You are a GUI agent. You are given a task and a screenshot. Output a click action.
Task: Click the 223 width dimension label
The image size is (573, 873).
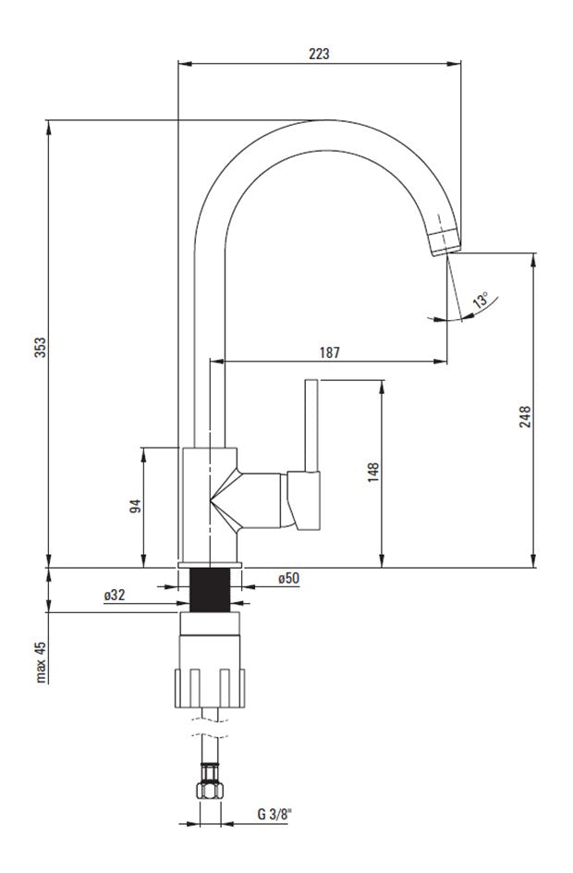click(319, 54)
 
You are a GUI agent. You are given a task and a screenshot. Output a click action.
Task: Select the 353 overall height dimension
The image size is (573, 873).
click(41, 347)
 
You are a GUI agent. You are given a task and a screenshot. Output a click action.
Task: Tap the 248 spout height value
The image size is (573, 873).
click(525, 417)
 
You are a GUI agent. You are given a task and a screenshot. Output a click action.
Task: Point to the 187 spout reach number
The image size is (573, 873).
click(329, 352)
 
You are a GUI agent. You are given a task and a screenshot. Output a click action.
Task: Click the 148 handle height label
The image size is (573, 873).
click(373, 472)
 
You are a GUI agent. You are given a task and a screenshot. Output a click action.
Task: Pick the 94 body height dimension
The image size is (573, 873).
click(135, 506)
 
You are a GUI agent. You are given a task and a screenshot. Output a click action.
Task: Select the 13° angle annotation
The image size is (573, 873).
click(481, 300)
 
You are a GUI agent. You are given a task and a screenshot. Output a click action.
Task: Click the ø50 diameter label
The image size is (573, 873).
click(288, 579)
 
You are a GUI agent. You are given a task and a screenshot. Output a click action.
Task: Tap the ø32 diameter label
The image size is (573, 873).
click(115, 596)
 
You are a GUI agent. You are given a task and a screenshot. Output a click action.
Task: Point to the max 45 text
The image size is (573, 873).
click(40, 661)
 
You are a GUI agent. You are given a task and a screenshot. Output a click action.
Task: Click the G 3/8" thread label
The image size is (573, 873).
click(274, 814)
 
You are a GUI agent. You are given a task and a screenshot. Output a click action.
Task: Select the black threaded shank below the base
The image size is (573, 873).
click(210, 590)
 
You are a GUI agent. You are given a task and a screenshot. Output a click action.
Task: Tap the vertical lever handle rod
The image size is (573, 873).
click(311, 426)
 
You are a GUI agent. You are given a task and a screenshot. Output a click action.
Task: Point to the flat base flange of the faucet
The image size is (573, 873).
click(210, 565)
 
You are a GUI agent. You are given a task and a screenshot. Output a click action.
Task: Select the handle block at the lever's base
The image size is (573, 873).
click(304, 500)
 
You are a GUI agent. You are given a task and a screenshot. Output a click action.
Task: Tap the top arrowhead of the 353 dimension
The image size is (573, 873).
click(49, 128)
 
